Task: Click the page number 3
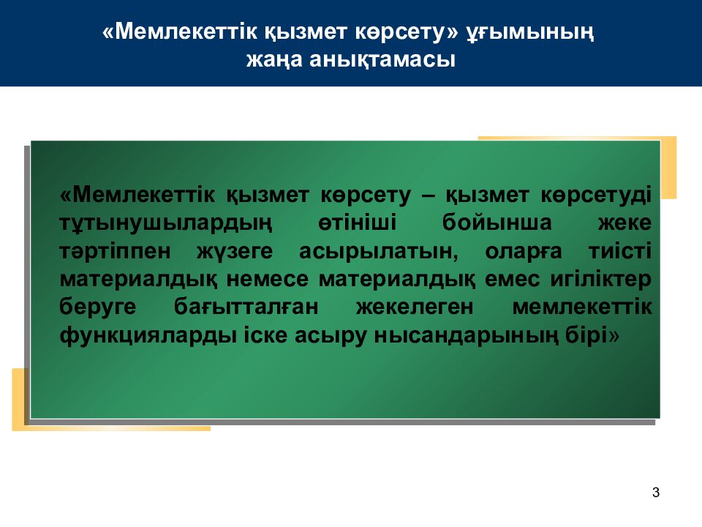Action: click(656, 493)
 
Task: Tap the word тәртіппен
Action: click(115, 251)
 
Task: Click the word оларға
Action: click(524, 251)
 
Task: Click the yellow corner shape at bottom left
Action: click(18, 399)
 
